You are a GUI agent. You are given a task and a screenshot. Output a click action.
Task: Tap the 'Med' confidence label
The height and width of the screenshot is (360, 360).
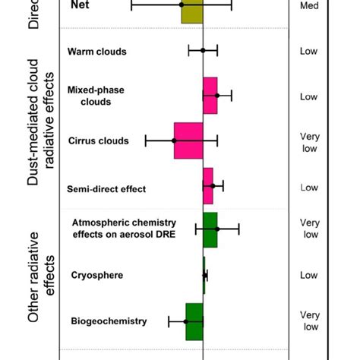pyautogui.click(x=309, y=6)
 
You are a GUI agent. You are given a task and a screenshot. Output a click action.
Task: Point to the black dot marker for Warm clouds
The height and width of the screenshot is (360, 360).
pyautogui.click(x=203, y=51)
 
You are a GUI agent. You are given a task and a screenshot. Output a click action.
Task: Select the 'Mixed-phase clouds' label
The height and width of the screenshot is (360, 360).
pyautogui.click(x=96, y=96)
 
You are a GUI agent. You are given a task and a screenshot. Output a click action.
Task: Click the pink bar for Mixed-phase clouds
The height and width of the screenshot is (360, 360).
pyautogui.click(x=210, y=96)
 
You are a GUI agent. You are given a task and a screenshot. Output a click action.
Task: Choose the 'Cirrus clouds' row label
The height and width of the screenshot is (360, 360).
pyautogui.click(x=98, y=141)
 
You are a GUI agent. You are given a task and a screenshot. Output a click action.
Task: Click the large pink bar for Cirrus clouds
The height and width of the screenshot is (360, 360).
pyautogui.click(x=188, y=141)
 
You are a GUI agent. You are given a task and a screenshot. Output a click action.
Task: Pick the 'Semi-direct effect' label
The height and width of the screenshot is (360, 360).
pyautogui.click(x=106, y=188)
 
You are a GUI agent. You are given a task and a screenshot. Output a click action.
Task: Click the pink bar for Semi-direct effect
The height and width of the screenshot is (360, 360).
pyautogui.click(x=208, y=186)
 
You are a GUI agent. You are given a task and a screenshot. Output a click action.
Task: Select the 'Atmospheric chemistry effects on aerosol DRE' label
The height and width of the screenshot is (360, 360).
pyautogui.click(x=124, y=228)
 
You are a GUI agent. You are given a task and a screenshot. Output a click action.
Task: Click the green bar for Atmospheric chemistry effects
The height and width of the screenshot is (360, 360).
pyautogui.click(x=210, y=229)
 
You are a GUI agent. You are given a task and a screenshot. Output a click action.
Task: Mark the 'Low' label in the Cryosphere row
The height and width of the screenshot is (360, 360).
pyautogui.click(x=309, y=275)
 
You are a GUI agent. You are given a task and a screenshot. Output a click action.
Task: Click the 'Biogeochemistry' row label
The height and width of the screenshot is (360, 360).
pyautogui.click(x=109, y=321)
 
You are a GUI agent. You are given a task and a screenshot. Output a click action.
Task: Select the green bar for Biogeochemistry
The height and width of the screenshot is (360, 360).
pyautogui.click(x=194, y=321)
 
